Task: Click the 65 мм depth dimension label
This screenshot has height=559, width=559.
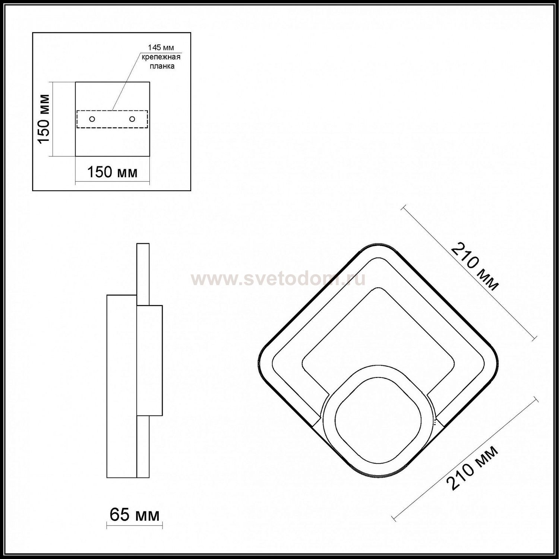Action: coord(135,515)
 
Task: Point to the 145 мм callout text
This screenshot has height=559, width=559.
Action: coord(161,48)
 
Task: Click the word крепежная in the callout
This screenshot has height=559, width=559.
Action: coord(161,57)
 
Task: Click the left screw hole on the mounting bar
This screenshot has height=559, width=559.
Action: coord(92,119)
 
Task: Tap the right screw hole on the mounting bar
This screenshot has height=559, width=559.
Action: coord(132,119)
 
